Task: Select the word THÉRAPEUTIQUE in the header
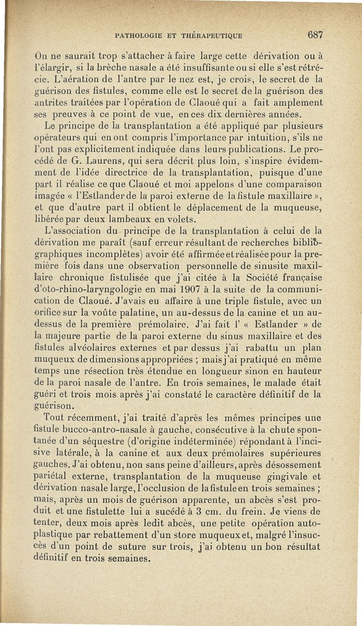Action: pyautogui.click(x=212, y=36)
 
